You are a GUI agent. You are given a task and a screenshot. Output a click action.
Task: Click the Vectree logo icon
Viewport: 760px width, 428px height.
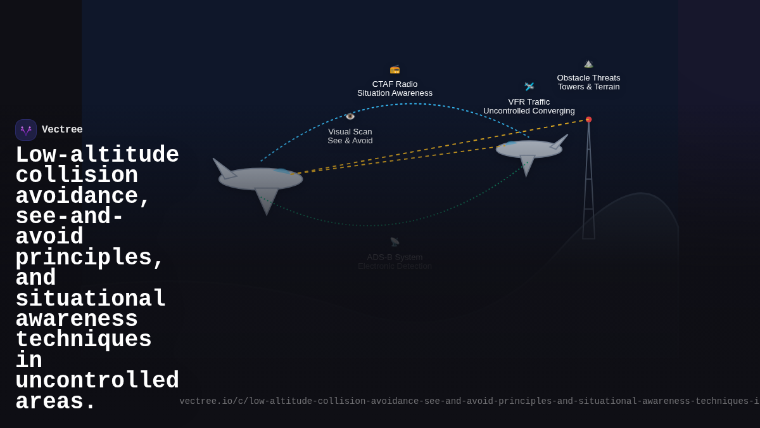[26, 130]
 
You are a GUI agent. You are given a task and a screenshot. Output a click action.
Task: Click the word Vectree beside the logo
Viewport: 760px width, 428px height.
[62, 130]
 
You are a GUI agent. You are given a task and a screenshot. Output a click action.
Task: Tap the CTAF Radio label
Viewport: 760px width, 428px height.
[395, 84]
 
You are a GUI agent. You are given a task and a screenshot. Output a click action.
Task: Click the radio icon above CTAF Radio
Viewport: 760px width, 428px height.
[395, 69]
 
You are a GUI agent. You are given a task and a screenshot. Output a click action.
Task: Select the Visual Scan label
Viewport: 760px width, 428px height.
[350, 132]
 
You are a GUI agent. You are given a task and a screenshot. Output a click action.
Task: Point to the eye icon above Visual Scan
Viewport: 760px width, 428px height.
[350, 117]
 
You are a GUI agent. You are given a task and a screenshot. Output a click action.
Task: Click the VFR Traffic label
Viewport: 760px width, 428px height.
[529, 102]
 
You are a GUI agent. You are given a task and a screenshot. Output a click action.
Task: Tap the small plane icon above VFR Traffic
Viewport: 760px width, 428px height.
[529, 86]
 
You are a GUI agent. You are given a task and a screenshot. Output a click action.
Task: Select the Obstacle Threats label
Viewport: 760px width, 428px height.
[588, 78]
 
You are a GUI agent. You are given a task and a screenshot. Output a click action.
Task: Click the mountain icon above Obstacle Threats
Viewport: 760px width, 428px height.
[588, 63]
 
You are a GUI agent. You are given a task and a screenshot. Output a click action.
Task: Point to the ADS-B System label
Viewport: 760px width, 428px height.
[395, 257]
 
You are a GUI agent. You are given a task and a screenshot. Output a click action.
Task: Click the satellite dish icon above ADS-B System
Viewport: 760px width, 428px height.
[395, 242]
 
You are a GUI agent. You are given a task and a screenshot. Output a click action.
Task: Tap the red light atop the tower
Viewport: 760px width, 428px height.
[588, 119]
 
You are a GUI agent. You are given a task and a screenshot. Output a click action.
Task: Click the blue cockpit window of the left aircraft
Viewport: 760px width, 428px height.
[281, 171]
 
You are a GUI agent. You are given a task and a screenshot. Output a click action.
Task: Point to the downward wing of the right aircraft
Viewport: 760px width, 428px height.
[527, 164]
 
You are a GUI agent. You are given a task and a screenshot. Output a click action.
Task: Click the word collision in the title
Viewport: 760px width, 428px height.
[76, 176]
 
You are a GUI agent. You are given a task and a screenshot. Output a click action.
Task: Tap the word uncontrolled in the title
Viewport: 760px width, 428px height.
[97, 381]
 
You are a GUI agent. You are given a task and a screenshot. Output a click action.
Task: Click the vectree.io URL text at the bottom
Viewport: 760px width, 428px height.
[469, 401]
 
